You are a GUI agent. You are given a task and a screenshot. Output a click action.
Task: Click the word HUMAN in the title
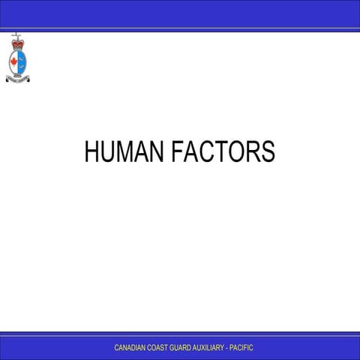(125, 151)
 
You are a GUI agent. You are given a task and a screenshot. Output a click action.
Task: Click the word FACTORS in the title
(223, 151)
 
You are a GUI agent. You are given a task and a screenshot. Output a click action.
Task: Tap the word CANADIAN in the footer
(130, 348)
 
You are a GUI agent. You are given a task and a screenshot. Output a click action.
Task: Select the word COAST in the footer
(159, 348)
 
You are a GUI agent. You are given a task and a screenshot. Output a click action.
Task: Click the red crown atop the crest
(16, 45)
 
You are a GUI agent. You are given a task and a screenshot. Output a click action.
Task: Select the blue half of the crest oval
(22, 61)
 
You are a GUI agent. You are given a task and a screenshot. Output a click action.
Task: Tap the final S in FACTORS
(268, 151)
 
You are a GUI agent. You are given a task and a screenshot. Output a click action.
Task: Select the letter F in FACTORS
(178, 151)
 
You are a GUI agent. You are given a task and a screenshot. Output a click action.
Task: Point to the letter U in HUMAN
(108, 151)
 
